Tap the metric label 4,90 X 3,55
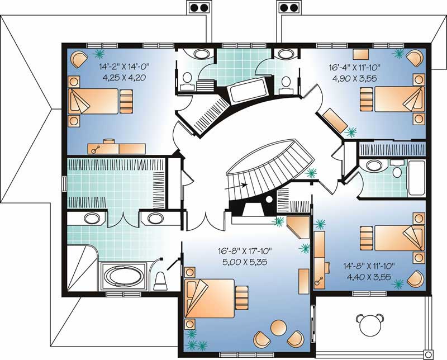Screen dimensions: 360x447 tap(351, 78)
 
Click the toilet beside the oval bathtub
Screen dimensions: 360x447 tap(160, 280)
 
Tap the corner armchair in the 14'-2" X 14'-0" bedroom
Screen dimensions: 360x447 tap(79, 58)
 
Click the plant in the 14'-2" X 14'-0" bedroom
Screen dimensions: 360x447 tap(100, 54)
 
